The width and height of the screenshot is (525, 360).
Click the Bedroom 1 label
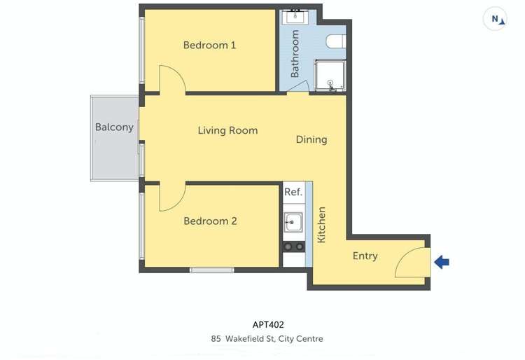(209, 46)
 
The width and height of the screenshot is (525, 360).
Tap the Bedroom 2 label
(210, 221)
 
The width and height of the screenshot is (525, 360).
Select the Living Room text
(227, 130)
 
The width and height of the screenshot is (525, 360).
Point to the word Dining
(311, 139)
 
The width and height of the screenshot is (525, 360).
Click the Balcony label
(114, 127)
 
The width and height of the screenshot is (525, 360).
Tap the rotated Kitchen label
(321, 225)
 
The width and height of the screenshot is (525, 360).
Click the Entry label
(365, 256)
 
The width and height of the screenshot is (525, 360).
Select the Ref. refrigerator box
(293, 192)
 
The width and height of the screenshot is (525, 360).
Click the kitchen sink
(293, 223)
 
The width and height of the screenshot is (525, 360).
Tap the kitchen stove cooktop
(293, 247)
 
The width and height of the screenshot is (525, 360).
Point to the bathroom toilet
(336, 42)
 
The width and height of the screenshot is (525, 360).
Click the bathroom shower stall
(329, 76)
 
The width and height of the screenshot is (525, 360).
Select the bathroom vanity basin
(293, 17)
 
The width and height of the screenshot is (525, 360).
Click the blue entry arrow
(442, 263)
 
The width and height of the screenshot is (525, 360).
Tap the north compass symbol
(496, 20)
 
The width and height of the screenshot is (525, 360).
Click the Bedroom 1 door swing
(171, 78)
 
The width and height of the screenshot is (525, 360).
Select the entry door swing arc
(410, 262)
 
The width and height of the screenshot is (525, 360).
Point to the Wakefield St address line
(267, 339)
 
